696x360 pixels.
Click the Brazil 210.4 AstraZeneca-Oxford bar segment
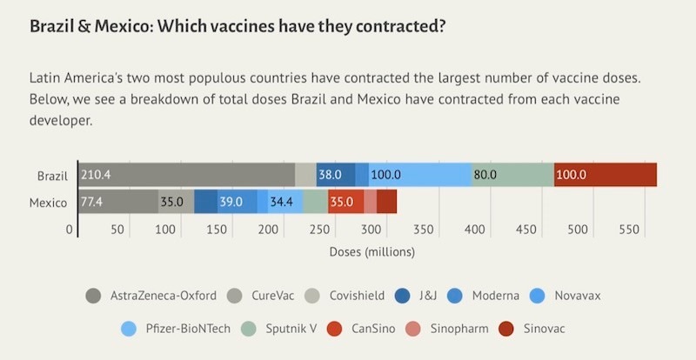point(186,175)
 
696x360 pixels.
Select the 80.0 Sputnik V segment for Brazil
point(512,175)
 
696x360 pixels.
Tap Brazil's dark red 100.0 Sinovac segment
point(606,175)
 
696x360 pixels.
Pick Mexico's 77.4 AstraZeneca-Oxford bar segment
point(118,202)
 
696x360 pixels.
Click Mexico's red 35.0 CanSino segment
point(345,202)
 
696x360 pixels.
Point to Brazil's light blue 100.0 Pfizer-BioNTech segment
point(420,175)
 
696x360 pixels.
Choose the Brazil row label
point(52,175)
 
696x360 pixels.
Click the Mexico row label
point(49,203)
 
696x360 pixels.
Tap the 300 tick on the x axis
point(371,230)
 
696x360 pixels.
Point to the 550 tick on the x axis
point(629,230)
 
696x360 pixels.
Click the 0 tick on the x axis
point(70,230)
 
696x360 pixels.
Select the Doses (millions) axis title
point(372,252)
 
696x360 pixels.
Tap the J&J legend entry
point(418,296)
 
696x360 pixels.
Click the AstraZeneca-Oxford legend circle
point(92,296)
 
